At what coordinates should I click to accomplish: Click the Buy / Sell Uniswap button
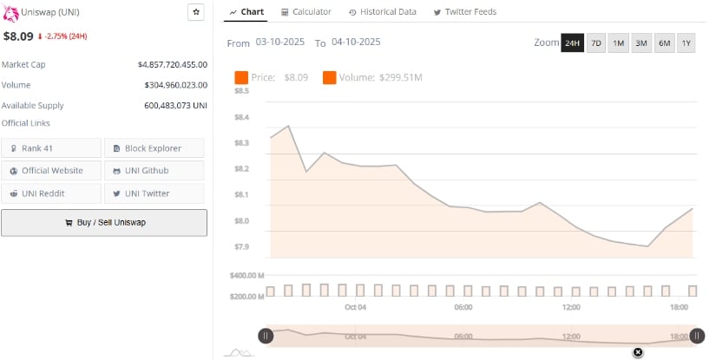point(104,222)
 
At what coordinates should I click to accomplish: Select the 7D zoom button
point(596,43)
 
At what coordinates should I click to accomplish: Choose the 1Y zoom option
point(686,43)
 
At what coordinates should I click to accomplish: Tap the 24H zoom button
point(572,43)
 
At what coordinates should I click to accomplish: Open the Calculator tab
point(306,12)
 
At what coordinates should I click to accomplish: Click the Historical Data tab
point(382,12)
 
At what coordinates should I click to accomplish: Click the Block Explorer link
point(154,148)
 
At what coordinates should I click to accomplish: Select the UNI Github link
point(154,171)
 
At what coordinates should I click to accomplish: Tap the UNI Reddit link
point(51,193)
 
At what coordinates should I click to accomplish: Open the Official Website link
point(51,171)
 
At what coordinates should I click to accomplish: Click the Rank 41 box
point(51,148)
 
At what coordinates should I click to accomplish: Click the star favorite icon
point(196,12)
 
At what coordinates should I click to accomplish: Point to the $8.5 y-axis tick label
point(241,90)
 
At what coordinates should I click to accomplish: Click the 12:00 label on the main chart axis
point(571,307)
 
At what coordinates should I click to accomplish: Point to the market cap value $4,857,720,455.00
point(172,64)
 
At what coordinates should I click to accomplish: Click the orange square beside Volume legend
point(330,78)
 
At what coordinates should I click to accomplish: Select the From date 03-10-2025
point(280,42)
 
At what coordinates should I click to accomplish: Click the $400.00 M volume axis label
point(246,276)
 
